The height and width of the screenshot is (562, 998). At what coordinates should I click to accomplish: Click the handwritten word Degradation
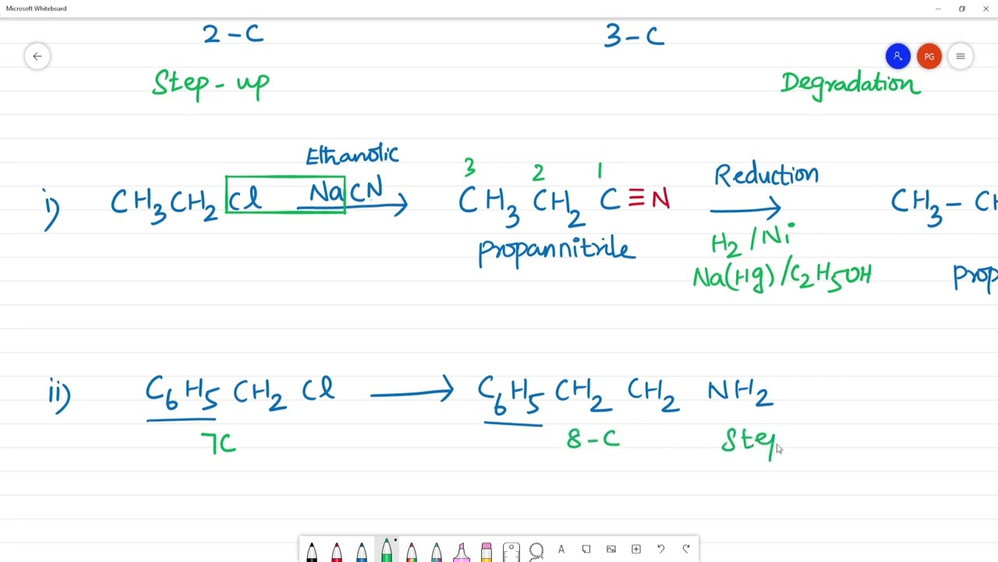(x=850, y=83)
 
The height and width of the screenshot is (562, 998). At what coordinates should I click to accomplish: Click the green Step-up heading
(x=211, y=84)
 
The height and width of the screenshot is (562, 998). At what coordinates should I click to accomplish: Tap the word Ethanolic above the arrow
(x=352, y=155)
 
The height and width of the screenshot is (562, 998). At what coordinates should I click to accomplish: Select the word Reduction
(x=766, y=175)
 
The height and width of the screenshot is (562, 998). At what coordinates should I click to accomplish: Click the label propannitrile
(x=557, y=250)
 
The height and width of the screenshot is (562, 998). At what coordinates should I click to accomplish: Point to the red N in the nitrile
(x=660, y=200)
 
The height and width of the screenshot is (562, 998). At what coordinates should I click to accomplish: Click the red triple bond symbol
(x=636, y=199)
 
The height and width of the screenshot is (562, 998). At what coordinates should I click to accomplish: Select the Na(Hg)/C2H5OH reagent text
(x=781, y=276)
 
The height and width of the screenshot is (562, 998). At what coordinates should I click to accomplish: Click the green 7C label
(x=218, y=443)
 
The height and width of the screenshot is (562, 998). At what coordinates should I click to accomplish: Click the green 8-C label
(x=593, y=439)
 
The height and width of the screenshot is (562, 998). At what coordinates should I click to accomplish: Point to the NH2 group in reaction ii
(x=739, y=392)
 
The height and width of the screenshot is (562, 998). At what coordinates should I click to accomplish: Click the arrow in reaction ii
(x=411, y=393)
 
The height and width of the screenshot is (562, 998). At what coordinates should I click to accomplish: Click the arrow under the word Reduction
(x=745, y=208)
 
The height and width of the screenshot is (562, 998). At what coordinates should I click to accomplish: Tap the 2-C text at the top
(x=232, y=34)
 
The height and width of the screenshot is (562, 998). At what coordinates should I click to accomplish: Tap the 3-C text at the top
(x=634, y=36)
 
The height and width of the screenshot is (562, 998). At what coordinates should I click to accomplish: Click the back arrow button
(x=37, y=56)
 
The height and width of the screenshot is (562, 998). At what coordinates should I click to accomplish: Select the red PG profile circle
(x=929, y=56)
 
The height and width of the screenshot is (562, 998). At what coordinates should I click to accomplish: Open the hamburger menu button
(x=961, y=56)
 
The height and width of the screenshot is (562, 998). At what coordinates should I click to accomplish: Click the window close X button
(x=986, y=9)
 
